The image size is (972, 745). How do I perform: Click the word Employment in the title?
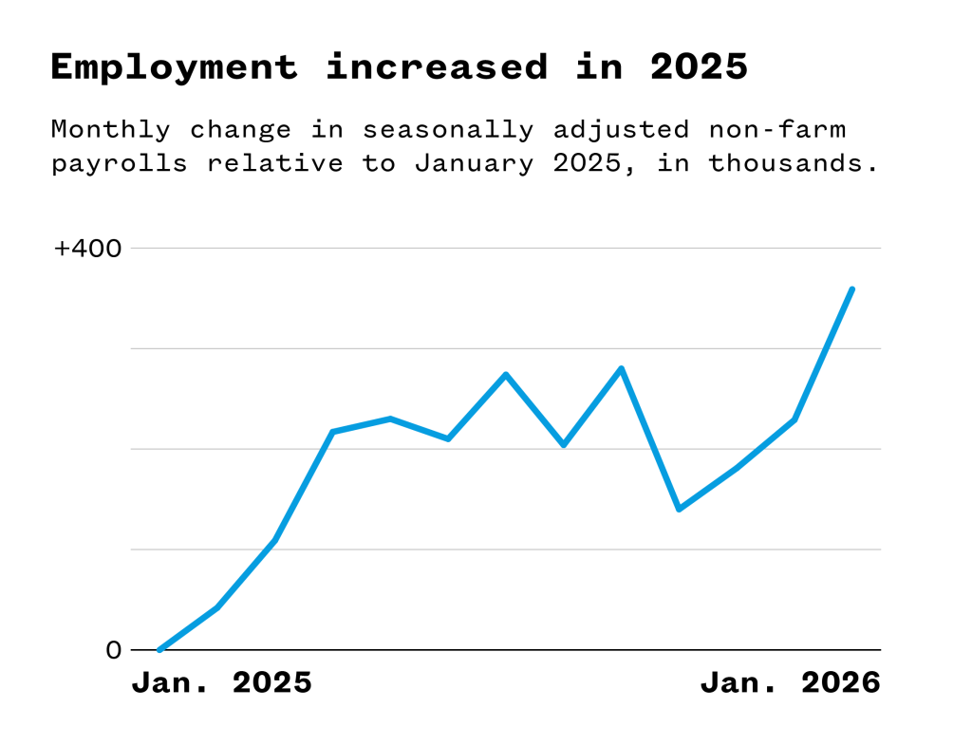[x=173, y=67]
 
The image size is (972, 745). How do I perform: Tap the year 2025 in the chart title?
[x=699, y=67]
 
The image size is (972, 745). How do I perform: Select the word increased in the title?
[x=437, y=67]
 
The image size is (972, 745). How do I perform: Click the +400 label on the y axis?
[x=88, y=249]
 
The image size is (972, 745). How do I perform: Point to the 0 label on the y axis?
[x=114, y=650]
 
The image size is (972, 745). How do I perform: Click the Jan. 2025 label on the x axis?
[x=221, y=682]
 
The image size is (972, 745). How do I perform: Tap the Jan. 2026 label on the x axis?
[x=791, y=682]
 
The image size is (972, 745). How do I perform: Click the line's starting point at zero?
[x=159, y=650]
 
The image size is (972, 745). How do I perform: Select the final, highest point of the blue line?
[x=852, y=289]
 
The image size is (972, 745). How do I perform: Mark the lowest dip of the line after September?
[x=679, y=510]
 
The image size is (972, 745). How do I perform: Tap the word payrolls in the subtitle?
[x=120, y=163]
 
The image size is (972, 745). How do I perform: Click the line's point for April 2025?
[x=332, y=432]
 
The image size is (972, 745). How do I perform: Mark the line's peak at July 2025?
[x=506, y=374]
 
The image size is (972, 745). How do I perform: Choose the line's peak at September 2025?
[x=621, y=368]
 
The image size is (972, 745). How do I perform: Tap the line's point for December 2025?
[x=794, y=419]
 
